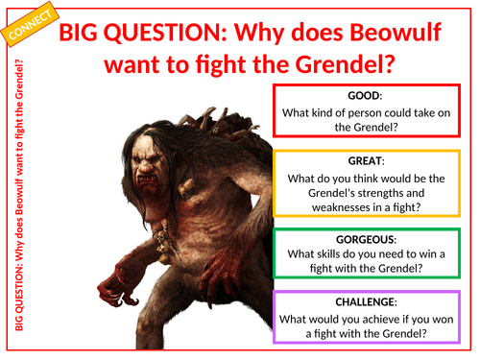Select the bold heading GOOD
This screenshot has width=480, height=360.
point(366,96)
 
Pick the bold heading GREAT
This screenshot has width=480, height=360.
point(366,161)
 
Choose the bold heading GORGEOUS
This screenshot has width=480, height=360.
point(366,239)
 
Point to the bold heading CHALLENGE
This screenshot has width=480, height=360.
point(366,302)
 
